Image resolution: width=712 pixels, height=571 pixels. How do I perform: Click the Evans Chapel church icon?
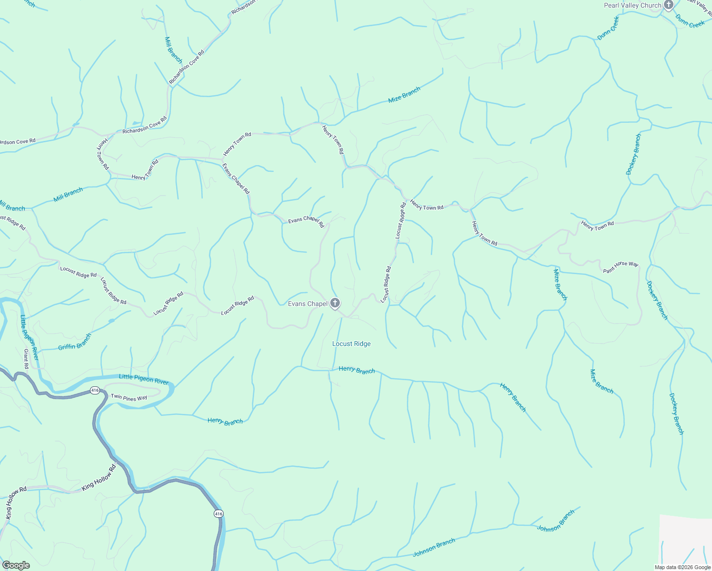pos(335,303)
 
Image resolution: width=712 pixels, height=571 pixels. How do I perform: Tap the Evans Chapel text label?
pos(307,304)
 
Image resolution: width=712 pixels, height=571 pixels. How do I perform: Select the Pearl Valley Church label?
pos(633,5)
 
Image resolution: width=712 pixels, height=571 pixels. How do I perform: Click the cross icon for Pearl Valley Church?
pos(669,5)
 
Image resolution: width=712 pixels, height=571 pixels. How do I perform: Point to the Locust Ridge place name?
pos(351,344)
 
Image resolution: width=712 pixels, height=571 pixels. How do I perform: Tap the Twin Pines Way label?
pos(129,397)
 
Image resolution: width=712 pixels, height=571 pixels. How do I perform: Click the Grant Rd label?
pos(26,359)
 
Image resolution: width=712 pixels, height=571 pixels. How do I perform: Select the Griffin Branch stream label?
pos(75,342)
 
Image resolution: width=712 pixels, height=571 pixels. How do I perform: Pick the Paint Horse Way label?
pos(621,267)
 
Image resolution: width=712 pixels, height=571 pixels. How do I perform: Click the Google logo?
pos(16,565)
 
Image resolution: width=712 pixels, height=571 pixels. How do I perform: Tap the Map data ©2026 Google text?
pos(682,567)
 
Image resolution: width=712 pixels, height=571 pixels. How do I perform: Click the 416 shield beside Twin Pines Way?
pos(95,390)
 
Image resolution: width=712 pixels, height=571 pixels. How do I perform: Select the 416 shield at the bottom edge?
pos(218,513)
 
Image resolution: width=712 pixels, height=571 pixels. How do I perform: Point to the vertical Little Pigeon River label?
pos(29,337)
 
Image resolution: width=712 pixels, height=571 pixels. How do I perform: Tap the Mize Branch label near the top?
pos(404,95)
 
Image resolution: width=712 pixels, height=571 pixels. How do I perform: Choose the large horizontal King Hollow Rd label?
pos(99,478)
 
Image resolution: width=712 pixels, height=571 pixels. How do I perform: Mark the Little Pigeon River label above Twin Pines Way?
pos(143,379)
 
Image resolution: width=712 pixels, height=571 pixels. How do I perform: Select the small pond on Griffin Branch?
pos(111,321)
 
